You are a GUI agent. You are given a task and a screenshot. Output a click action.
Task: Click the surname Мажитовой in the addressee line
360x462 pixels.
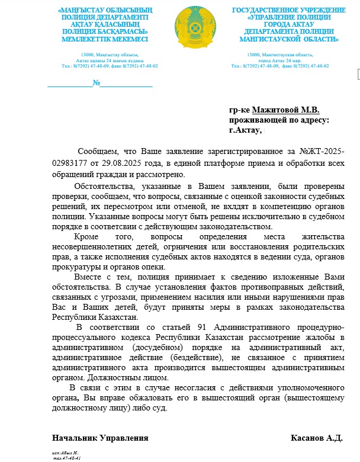[277, 110]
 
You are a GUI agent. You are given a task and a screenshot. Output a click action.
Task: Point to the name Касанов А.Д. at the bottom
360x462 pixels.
[317, 438]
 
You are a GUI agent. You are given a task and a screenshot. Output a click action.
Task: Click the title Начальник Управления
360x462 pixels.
[100, 438]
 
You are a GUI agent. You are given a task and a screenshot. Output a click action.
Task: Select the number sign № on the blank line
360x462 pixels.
[96, 83]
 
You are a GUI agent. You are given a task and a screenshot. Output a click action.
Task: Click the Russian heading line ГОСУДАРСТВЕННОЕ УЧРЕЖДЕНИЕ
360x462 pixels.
[289, 11]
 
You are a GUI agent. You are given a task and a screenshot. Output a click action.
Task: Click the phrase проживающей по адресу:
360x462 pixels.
[279, 119]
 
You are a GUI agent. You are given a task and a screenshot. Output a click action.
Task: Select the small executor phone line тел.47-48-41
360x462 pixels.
[67, 458]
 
